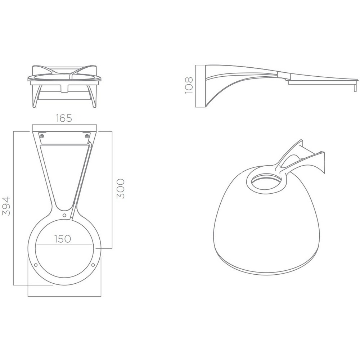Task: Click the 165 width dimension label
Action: point(64,118)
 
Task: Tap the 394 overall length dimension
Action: point(6,206)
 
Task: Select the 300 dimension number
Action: point(121,189)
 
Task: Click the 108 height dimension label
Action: point(189,85)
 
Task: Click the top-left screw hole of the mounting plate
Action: point(41,136)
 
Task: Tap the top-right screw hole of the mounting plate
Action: point(87,136)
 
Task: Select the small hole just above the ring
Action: point(64,215)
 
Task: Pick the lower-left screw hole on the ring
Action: point(36,265)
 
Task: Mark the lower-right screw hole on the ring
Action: point(93,265)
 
